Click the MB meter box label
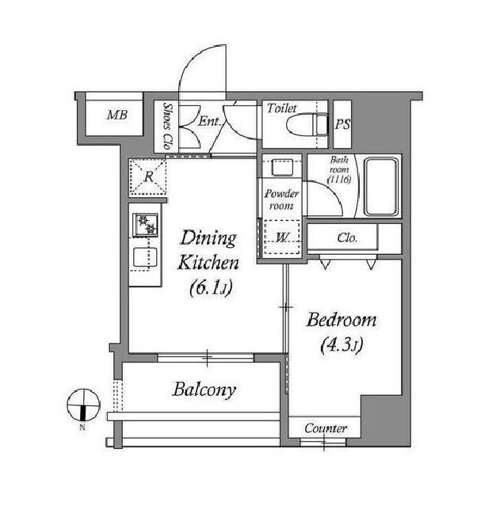pos(117,115)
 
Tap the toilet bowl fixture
pos(307,124)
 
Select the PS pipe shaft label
pos(342,124)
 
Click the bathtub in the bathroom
pos(381,186)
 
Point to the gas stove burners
pos(145,225)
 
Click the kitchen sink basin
pos(145,257)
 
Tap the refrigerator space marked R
pos(147,177)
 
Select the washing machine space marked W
pos(282,237)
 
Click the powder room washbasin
pos(282,167)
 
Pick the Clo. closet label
pos(347,238)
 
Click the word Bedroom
pos(341,320)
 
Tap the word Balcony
pos(204,390)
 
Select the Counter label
pos(325,428)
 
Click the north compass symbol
pos(83,405)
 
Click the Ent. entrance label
pos(209,121)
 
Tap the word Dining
pos(208,238)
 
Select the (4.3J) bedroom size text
pos(342,345)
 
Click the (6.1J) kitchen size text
pos(211,288)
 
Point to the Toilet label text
pos(281,108)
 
